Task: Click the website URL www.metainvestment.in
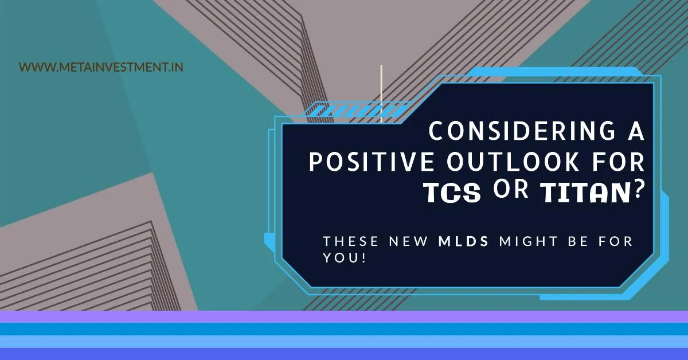[101, 67]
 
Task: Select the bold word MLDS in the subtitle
[463, 241]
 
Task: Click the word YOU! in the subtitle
[343, 258]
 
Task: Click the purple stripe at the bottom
[344, 316]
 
